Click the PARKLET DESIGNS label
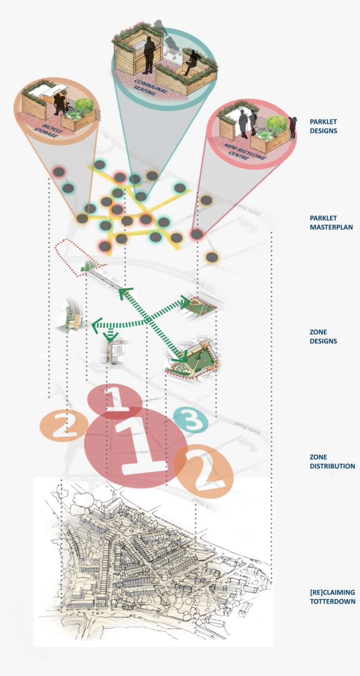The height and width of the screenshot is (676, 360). [324, 126]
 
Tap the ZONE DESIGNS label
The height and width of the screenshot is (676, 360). [324, 336]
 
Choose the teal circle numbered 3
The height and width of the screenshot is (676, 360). [191, 420]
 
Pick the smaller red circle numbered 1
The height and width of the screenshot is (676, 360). [114, 400]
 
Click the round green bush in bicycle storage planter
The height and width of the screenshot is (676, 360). [84, 105]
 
